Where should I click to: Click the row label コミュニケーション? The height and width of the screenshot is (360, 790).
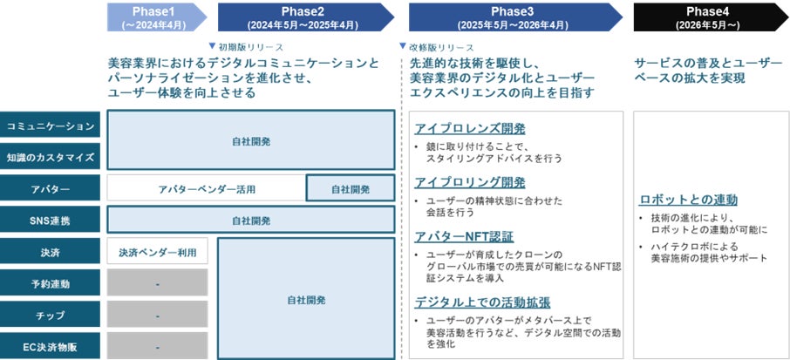(50, 126)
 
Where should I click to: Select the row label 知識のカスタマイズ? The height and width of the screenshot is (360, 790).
(50, 157)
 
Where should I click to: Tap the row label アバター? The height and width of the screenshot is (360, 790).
(50, 189)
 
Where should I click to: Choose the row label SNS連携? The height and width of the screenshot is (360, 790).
(50, 221)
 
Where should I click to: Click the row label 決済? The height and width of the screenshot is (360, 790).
(50, 252)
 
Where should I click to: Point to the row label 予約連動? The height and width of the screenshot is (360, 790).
(50, 283)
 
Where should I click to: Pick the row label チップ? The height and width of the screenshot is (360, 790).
(50, 315)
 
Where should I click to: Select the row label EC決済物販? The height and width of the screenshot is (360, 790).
(50, 346)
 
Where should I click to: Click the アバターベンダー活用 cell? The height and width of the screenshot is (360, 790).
(207, 188)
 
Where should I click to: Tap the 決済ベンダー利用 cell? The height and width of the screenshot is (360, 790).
(158, 252)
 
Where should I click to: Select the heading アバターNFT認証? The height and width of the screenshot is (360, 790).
(464, 236)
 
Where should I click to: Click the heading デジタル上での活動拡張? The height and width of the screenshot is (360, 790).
(481, 303)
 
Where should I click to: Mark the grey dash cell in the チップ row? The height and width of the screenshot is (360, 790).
(158, 315)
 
